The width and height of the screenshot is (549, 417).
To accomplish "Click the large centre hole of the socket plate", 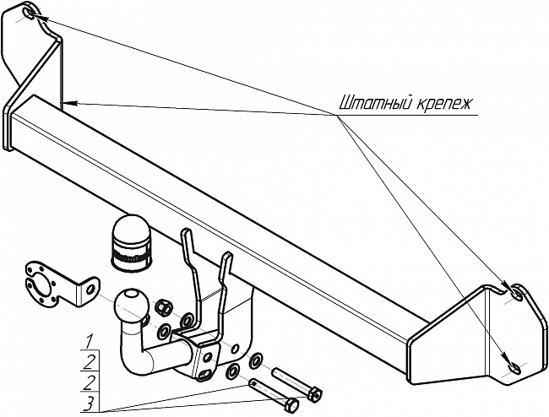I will tap(40, 284).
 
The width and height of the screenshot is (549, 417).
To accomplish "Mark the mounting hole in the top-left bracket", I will tap(30, 15).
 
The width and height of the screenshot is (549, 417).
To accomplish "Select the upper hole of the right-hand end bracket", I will tap(510, 294).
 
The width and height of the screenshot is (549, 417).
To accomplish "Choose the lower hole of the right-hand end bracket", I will tap(511, 366).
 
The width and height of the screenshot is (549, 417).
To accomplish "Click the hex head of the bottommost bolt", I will tap(291, 406).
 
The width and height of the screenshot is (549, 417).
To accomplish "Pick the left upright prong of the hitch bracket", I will tap(188, 253).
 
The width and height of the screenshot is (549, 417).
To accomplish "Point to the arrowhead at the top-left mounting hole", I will tap(37, 17).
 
